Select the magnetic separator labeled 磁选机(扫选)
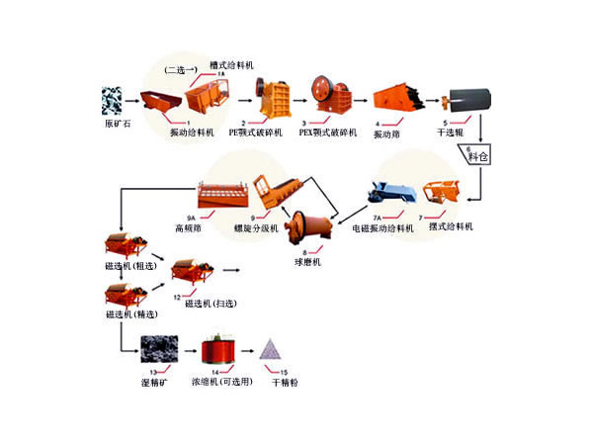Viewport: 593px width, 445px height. coord(191,269)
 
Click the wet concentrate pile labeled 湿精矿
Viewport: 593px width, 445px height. coord(154,347)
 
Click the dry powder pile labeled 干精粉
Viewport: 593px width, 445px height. coord(270,349)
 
